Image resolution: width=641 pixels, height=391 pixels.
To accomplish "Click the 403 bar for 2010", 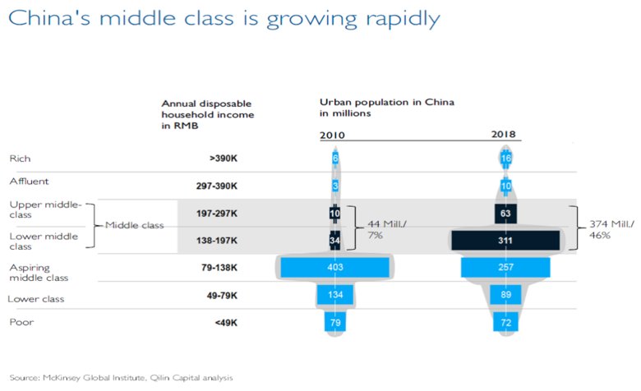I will click(334, 267).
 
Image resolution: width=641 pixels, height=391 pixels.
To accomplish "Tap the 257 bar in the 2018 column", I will click(505, 267).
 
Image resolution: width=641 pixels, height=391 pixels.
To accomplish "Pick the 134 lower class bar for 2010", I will click(334, 295).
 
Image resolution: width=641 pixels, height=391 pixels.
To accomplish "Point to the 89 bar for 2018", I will click(505, 295).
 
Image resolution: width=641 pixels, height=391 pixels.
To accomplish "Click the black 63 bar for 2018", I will click(505, 213).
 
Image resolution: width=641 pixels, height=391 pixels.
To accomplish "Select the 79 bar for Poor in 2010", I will click(334, 322).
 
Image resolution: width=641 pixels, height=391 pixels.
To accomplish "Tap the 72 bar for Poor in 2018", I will click(505, 322).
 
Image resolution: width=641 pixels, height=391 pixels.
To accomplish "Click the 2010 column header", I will click(334, 135).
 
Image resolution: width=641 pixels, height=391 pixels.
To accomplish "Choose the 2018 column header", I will click(505, 135).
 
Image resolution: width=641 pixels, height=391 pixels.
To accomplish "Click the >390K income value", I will click(223, 158).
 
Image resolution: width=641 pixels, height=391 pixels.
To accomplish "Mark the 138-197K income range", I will click(216, 240).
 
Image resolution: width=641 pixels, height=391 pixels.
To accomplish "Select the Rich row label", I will click(20, 158).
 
